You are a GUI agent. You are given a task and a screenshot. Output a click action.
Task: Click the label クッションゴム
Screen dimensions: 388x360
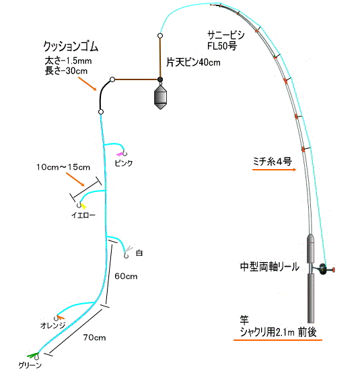coord(71,46)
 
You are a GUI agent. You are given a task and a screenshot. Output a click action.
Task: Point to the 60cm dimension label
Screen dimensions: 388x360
coord(126,276)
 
